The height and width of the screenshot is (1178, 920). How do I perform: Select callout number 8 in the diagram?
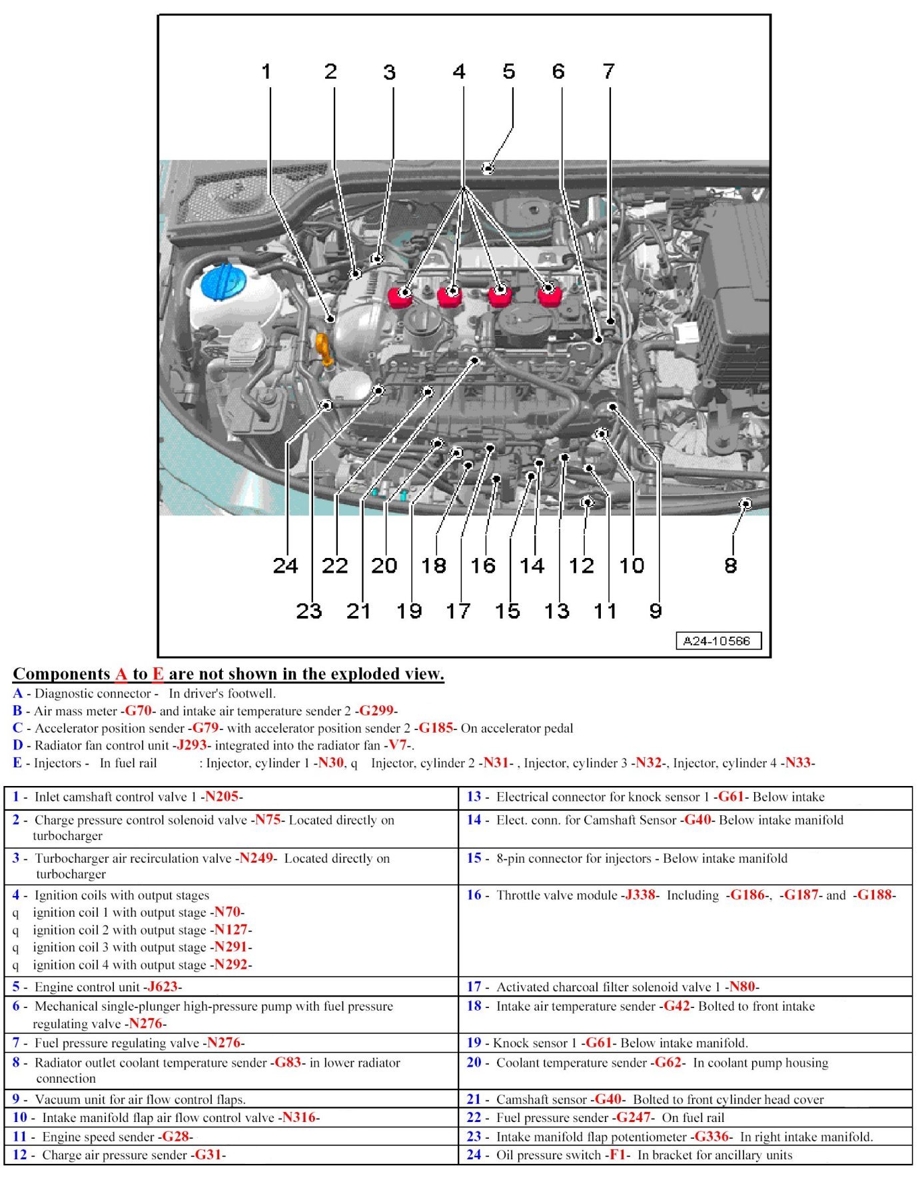[x=730, y=565]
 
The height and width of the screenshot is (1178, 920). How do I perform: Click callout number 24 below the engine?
[x=285, y=565]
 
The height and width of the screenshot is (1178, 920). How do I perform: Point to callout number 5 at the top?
[x=509, y=71]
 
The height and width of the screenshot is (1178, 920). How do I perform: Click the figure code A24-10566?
[x=717, y=641]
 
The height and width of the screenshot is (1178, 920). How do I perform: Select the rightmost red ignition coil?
[x=548, y=293]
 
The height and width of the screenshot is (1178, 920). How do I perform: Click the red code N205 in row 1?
[x=221, y=797]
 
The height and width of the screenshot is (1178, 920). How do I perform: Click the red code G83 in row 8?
[x=288, y=1062]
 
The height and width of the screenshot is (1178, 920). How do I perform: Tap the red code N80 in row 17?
[x=741, y=987]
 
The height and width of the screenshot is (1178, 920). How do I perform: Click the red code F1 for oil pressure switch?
[x=618, y=1155]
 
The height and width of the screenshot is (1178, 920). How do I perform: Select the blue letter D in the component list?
[x=17, y=745]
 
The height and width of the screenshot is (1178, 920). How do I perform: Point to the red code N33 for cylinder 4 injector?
[x=797, y=763]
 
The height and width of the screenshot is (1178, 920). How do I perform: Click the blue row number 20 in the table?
[x=474, y=1062]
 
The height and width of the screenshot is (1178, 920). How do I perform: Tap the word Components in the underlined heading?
[x=61, y=674]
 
